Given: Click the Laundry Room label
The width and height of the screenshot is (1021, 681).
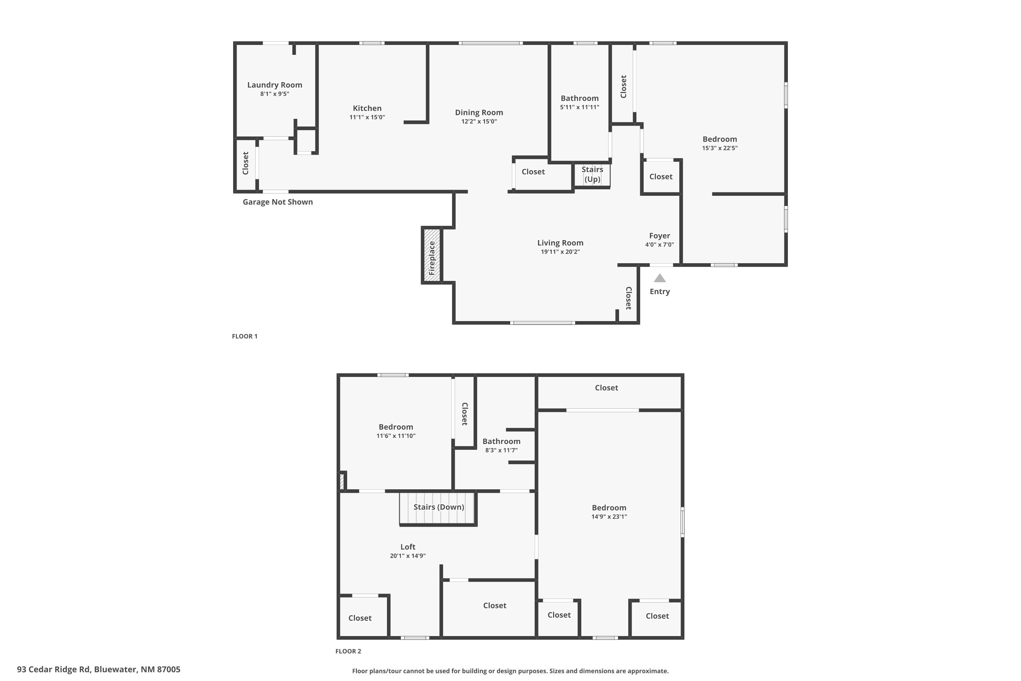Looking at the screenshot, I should [x=274, y=85].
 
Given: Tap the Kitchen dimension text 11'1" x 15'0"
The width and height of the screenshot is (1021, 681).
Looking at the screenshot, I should [x=367, y=117].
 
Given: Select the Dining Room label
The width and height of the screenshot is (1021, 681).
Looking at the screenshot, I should [x=479, y=112].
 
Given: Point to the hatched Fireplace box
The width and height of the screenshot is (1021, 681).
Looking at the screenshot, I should [x=432, y=255].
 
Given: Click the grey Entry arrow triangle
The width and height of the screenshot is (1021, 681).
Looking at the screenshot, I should [x=660, y=278].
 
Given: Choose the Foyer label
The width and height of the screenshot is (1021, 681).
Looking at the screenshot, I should [x=660, y=236].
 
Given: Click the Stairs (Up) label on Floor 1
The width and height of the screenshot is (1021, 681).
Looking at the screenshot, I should [x=592, y=174].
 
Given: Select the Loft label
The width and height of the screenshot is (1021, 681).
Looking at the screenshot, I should [x=408, y=547].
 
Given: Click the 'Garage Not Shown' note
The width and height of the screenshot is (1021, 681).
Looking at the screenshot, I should [x=277, y=202].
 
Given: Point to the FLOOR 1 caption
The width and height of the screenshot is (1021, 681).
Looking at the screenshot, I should [x=244, y=336].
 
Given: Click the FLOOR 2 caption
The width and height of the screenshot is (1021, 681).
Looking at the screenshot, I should [x=348, y=651].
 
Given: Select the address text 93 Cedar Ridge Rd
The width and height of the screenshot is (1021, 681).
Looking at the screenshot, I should [x=99, y=669].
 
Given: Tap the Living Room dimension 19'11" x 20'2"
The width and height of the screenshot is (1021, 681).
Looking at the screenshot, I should [x=560, y=252].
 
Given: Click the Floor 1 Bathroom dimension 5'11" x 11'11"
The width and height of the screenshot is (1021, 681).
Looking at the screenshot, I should [x=580, y=107].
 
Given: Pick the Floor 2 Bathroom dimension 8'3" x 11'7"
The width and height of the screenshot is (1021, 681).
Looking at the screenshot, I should [x=501, y=450].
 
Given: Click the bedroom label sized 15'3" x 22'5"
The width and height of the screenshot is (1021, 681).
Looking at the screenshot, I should [x=720, y=139].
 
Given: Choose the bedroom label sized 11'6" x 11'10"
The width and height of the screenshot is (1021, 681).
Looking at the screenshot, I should [x=395, y=427].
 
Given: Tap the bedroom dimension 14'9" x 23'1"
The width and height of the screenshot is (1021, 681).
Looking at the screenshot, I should [x=609, y=517].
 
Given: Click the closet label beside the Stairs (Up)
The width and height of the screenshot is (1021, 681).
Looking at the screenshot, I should [x=533, y=172].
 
